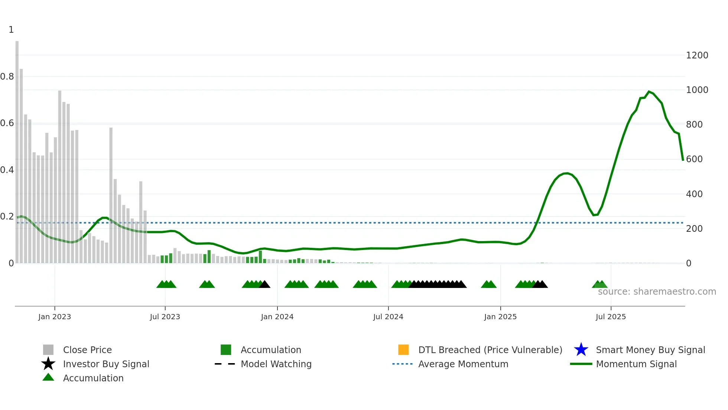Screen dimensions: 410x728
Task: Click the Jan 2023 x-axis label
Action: coord(55,317)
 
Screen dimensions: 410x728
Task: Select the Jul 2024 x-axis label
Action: coord(388,317)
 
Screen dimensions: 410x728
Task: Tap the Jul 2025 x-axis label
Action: coord(611,317)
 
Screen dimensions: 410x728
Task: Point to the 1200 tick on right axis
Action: coord(697,55)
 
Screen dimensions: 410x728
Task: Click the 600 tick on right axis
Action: coord(694,159)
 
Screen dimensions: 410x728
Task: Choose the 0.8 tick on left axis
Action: coord(7,77)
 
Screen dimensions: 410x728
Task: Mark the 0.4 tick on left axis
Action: coord(7,170)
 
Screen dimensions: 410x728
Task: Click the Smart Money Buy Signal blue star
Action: coord(581,350)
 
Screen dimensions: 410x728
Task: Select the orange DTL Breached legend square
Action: coord(403,350)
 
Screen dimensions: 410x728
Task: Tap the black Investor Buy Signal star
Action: coord(48,364)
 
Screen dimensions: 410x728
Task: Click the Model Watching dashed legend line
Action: coord(225,364)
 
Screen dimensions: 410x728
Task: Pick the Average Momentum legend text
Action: coord(463,364)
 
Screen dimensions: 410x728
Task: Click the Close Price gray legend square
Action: coord(48,350)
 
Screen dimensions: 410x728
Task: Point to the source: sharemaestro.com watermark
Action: coord(657,292)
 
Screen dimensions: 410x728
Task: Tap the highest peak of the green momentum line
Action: coord(649,92)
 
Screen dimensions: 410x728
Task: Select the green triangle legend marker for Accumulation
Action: coord(48,377)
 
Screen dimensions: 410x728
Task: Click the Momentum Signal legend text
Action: coord(636,364)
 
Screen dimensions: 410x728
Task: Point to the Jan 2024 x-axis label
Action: coord(277,317)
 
